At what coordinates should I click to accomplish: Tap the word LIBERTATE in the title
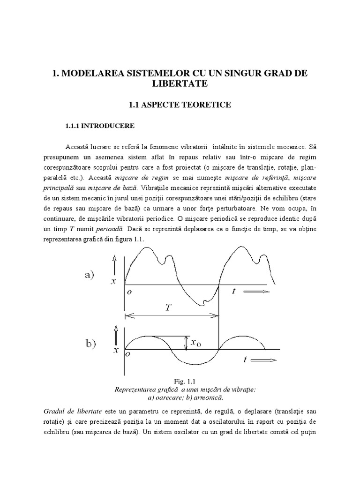point(180,84)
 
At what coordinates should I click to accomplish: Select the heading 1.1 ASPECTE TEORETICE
point(180,105)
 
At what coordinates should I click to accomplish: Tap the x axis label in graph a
point(113,282)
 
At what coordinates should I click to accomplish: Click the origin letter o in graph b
point(128,355)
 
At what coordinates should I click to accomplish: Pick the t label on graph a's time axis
point(233,292)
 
